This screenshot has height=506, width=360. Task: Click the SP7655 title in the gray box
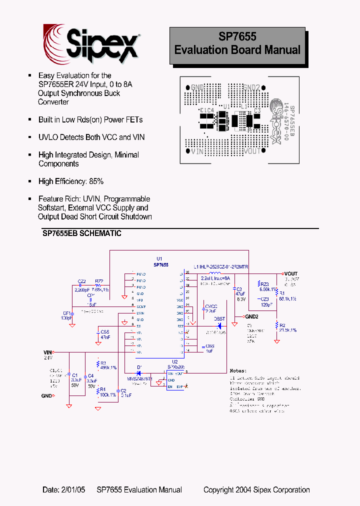pos(237,37)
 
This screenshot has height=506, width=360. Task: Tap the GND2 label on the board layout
pos(251,87)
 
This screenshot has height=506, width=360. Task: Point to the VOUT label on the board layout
pos(251,151)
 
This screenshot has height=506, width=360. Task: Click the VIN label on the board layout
pos(196,151)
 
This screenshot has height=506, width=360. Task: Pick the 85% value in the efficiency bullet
pos(96,181)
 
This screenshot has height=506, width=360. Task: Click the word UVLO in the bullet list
pos(47,137)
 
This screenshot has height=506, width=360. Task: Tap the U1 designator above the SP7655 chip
pos(159,259)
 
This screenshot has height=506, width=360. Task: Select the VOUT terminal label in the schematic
pos(291,274)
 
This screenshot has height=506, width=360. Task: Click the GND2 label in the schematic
pos(251,316)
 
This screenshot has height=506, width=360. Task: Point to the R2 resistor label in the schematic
pos(283,325)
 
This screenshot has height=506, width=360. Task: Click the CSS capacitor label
pos(104,331)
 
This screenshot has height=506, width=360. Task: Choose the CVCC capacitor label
pos(211,306)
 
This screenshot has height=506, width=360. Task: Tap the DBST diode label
pos(219,318)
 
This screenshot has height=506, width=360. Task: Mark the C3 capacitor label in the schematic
pos(239,289)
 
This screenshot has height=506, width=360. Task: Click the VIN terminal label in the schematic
pos(47,352)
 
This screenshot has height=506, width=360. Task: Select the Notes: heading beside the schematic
pos(238,371)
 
